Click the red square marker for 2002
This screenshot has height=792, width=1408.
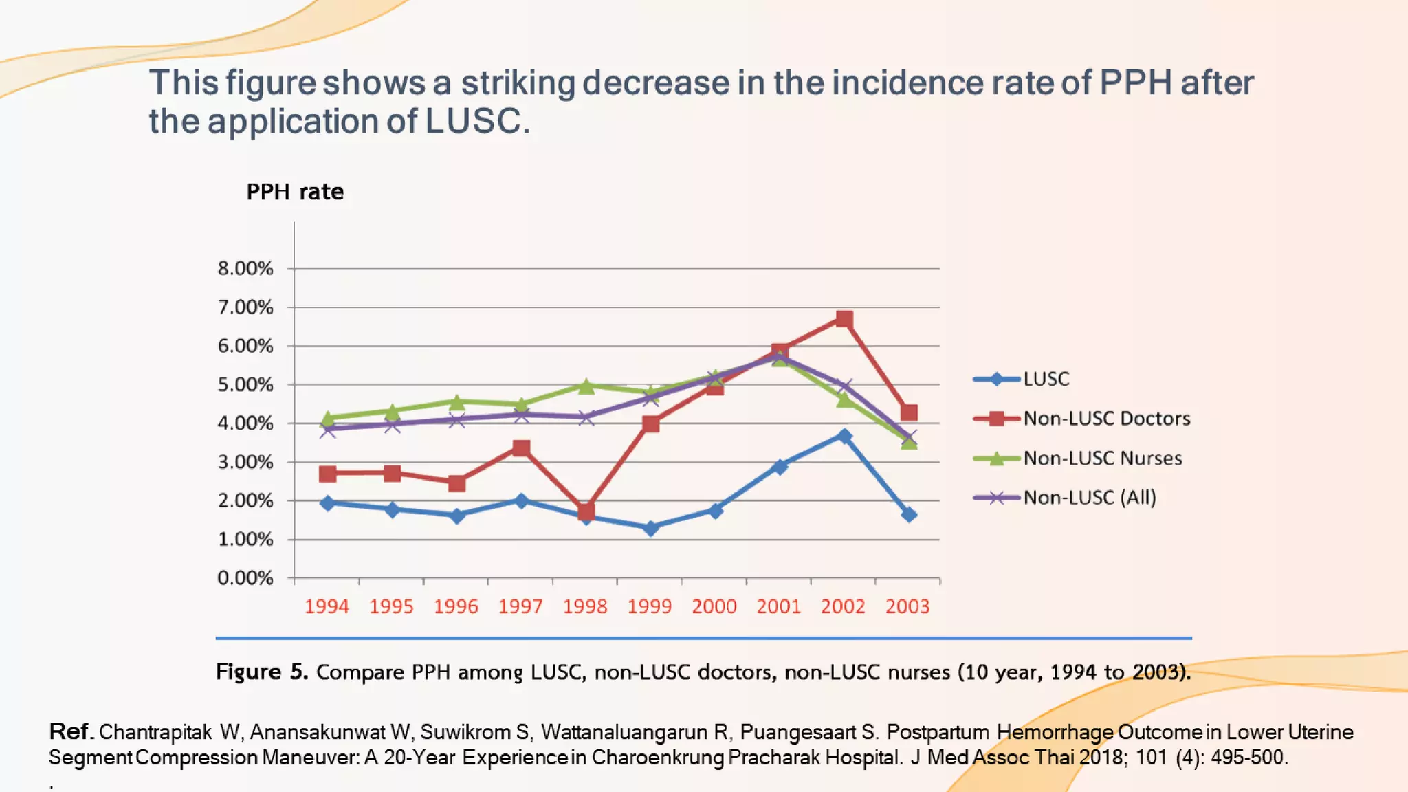(844, 319)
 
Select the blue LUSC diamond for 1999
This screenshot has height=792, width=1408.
(650, 528)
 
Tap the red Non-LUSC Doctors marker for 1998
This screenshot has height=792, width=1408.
(586, 511)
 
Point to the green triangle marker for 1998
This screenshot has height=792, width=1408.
(586, 386)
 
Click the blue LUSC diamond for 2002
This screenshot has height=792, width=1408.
(844, 436)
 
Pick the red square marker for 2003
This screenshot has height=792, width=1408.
(909, 412)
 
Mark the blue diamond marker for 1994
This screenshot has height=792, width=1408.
(328, 503)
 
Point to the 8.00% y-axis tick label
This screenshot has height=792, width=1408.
(245, 268)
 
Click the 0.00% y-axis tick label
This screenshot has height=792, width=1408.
(245, 578)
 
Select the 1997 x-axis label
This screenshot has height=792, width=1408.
(520, 606)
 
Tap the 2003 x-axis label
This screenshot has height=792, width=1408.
(907, 606)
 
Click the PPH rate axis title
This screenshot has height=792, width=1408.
(295, 192)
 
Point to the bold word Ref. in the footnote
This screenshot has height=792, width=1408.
(71, 731)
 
